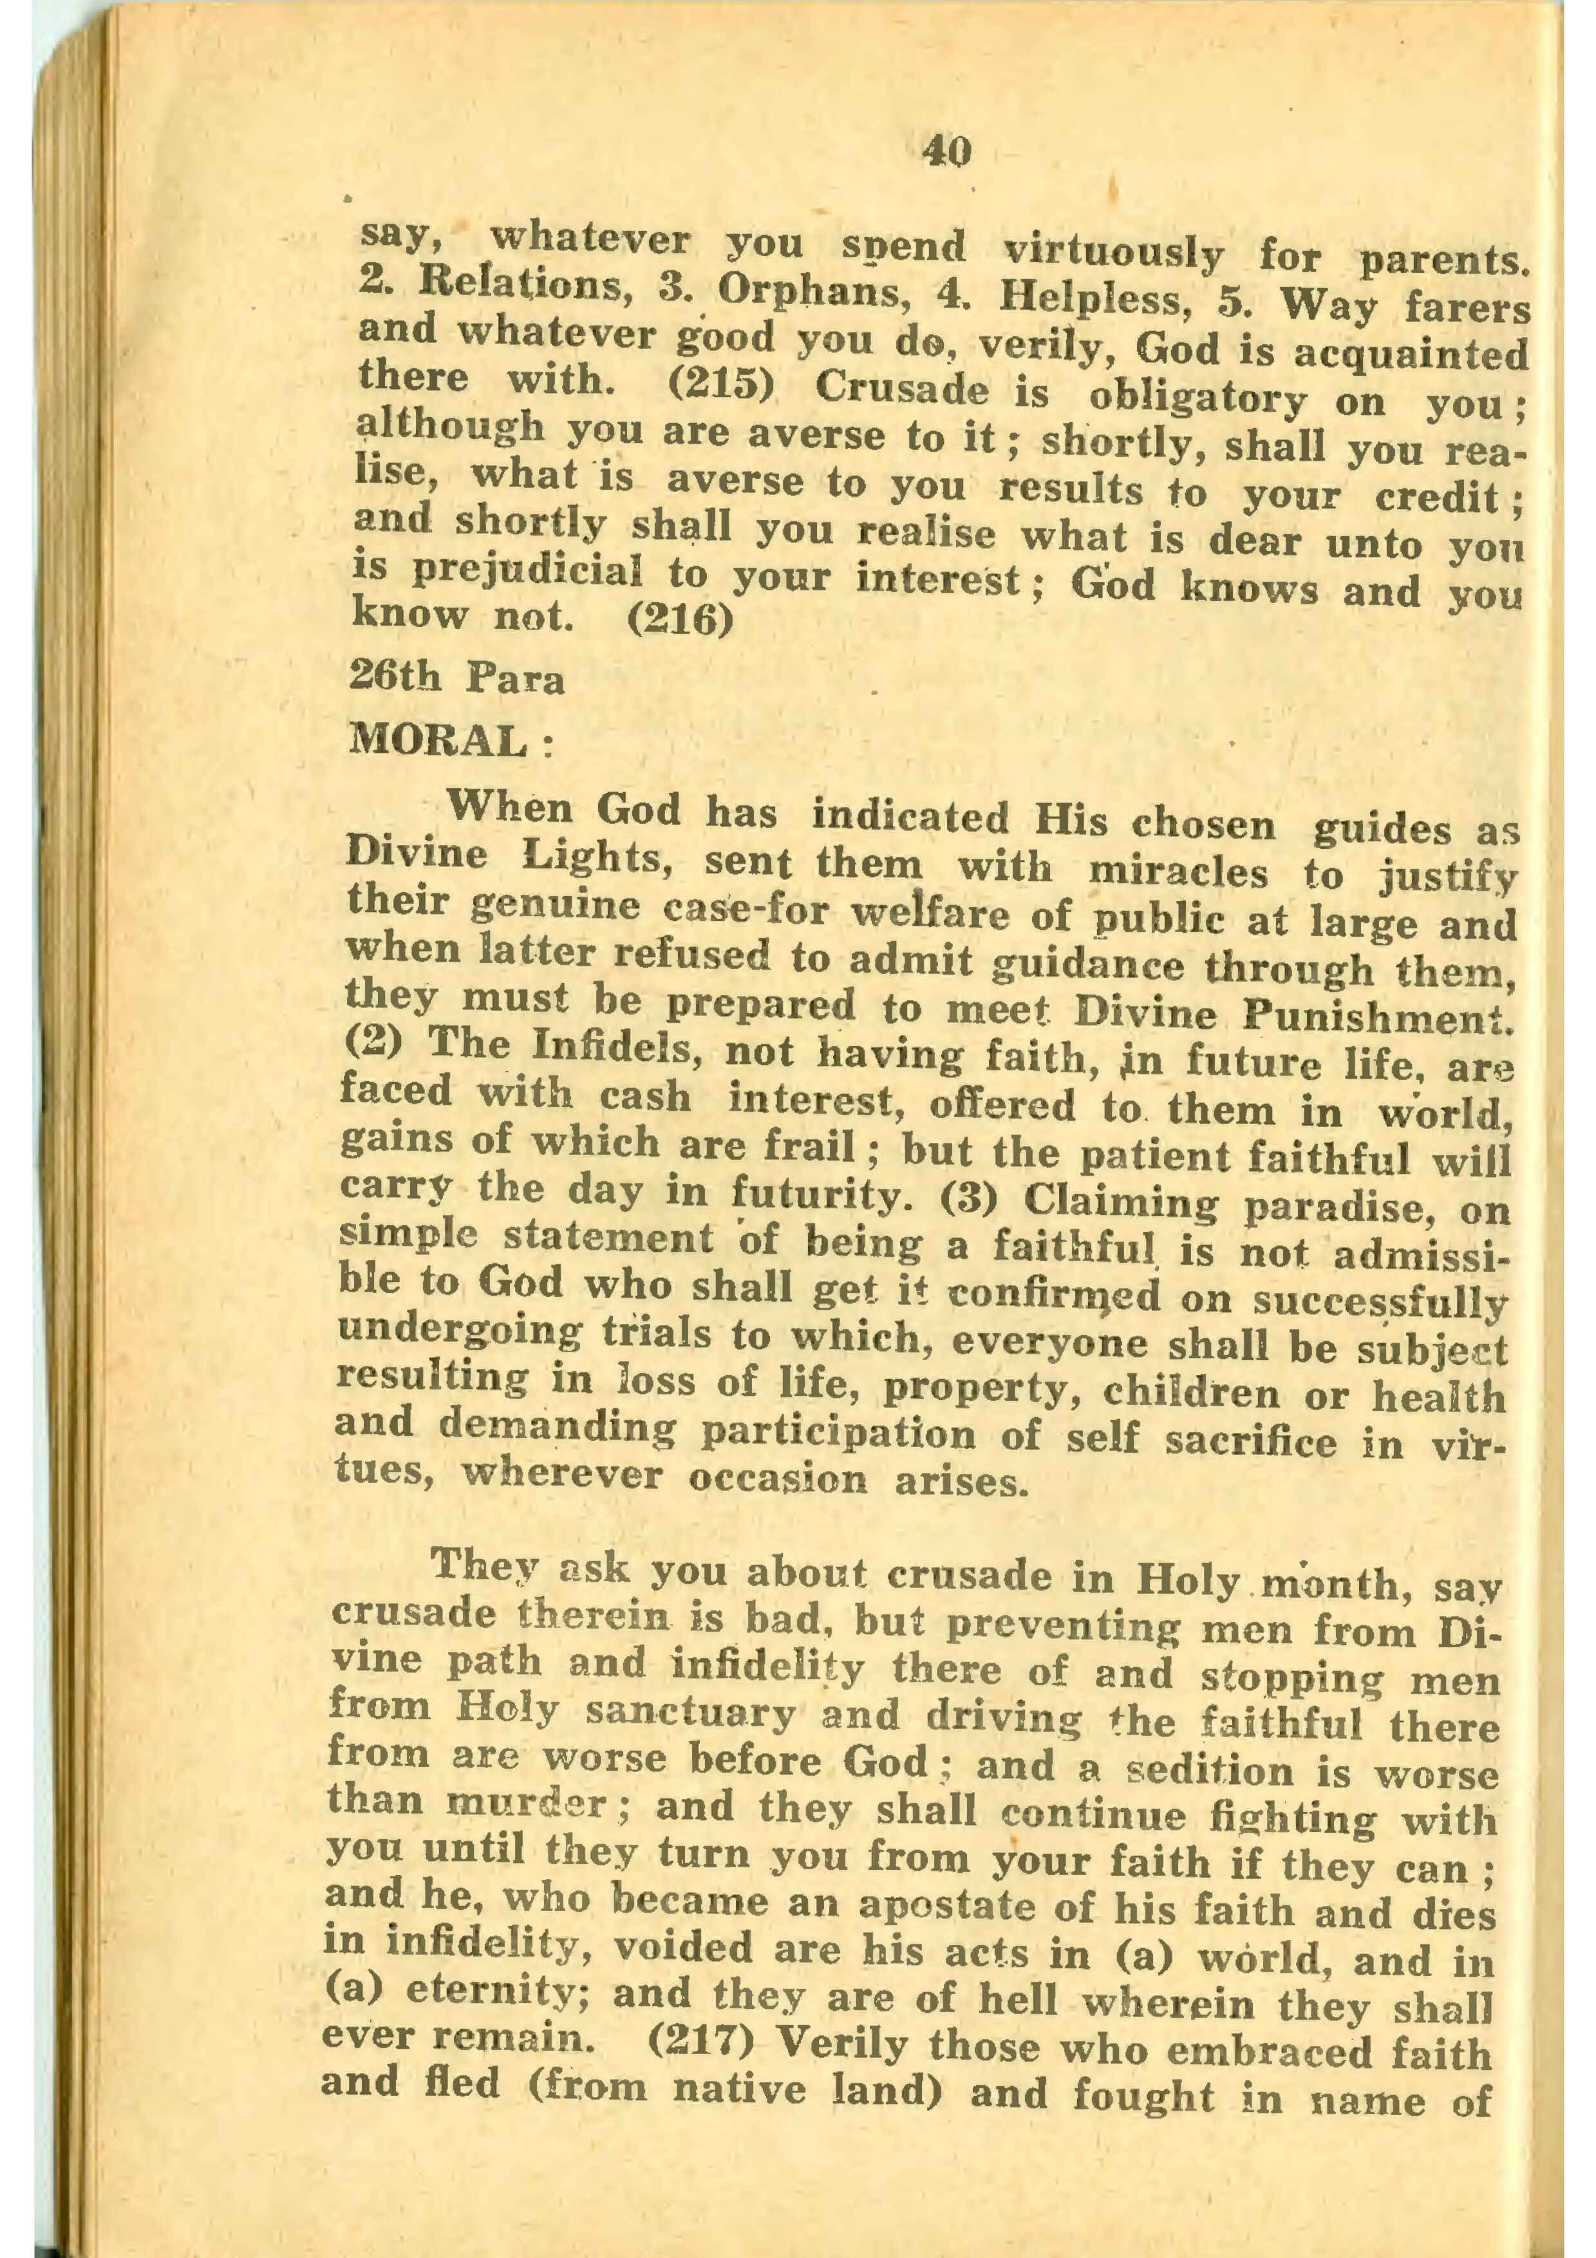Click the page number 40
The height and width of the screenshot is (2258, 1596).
pyautogui.click(x=947, y=151)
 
